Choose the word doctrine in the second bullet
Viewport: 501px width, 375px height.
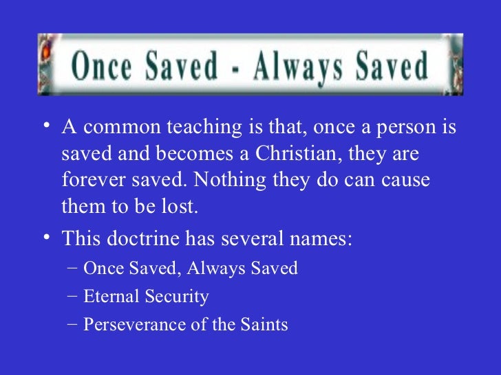click(x=144, y=238)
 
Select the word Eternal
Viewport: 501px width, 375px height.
click(x=110, y=296)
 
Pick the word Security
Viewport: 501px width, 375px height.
click(x=175, y=296)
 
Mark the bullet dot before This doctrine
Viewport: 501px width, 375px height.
click(x=45, y=238)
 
